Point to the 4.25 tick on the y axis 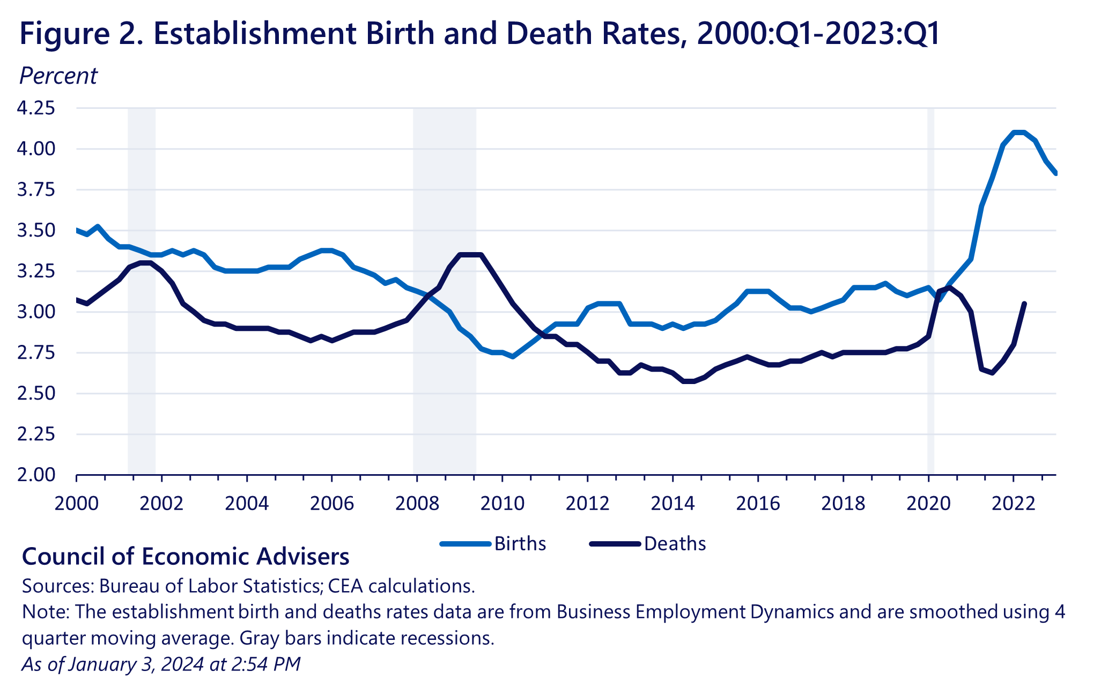tap(36, 108)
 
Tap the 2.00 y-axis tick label tap(36, 475)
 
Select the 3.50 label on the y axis tap(36, 231)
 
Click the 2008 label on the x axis tap(417, 503)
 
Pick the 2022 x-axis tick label tap(1013, 503)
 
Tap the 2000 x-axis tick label tap(76, 503)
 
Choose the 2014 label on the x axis tap(673, 503)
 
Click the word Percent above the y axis tap(58, 76)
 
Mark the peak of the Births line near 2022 tap(1019, 132)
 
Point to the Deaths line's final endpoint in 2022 tap(1024, 304)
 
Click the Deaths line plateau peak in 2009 tap(470, 254)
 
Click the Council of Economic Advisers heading tap(186, 557)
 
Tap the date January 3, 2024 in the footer tap(136, 664)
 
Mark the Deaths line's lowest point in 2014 tap(689, 381)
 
